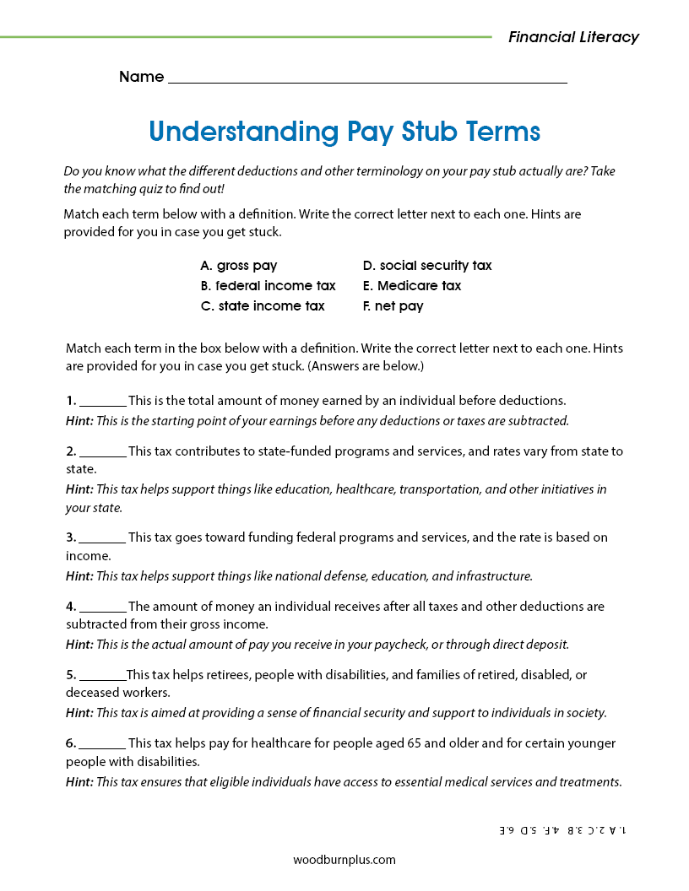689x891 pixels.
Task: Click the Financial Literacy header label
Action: (573, 37)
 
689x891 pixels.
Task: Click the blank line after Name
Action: (367, 78)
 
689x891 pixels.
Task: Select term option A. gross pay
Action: (239, 266)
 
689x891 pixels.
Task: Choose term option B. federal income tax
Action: (268, 286)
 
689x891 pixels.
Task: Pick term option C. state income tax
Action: (263, 306)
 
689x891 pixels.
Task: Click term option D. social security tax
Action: (426, 266)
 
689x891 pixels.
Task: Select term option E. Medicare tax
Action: (411, 286)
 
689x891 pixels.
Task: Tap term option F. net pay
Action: (393, 306)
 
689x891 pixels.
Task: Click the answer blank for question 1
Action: (103, 402)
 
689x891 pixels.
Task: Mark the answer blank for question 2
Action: (103, 452)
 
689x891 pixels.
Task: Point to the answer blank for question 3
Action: (103, 538)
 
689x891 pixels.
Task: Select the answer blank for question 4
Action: (103, 607)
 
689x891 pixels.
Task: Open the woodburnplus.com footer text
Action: (344, 860)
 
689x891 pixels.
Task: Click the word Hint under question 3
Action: (79, 576)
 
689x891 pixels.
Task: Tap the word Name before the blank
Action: (141, 77)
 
